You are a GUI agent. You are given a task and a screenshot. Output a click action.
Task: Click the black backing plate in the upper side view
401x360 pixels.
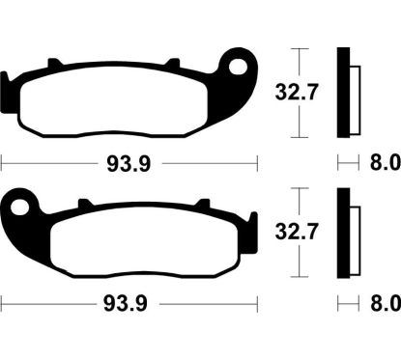tap(340, 93)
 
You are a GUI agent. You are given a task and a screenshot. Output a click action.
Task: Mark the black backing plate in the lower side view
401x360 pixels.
tap(340, 233)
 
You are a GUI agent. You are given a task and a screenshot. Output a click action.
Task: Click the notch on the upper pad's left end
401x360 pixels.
tap(6, 81)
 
